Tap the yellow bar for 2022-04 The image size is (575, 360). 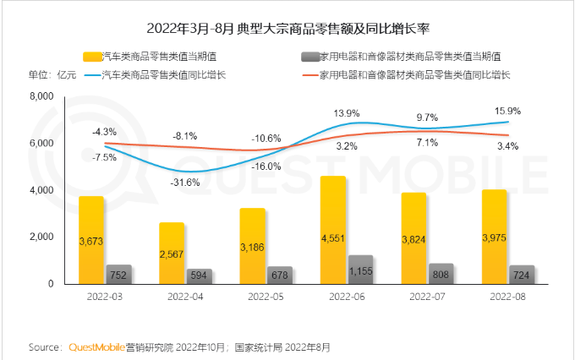172,254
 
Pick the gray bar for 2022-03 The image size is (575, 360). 118,275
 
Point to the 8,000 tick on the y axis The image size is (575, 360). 41,98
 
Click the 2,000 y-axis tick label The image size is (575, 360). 41,237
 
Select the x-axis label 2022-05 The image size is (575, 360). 266,297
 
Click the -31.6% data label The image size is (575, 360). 184,183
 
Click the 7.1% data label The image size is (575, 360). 426,143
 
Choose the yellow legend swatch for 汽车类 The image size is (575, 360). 91,57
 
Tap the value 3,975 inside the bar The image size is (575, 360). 495,248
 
